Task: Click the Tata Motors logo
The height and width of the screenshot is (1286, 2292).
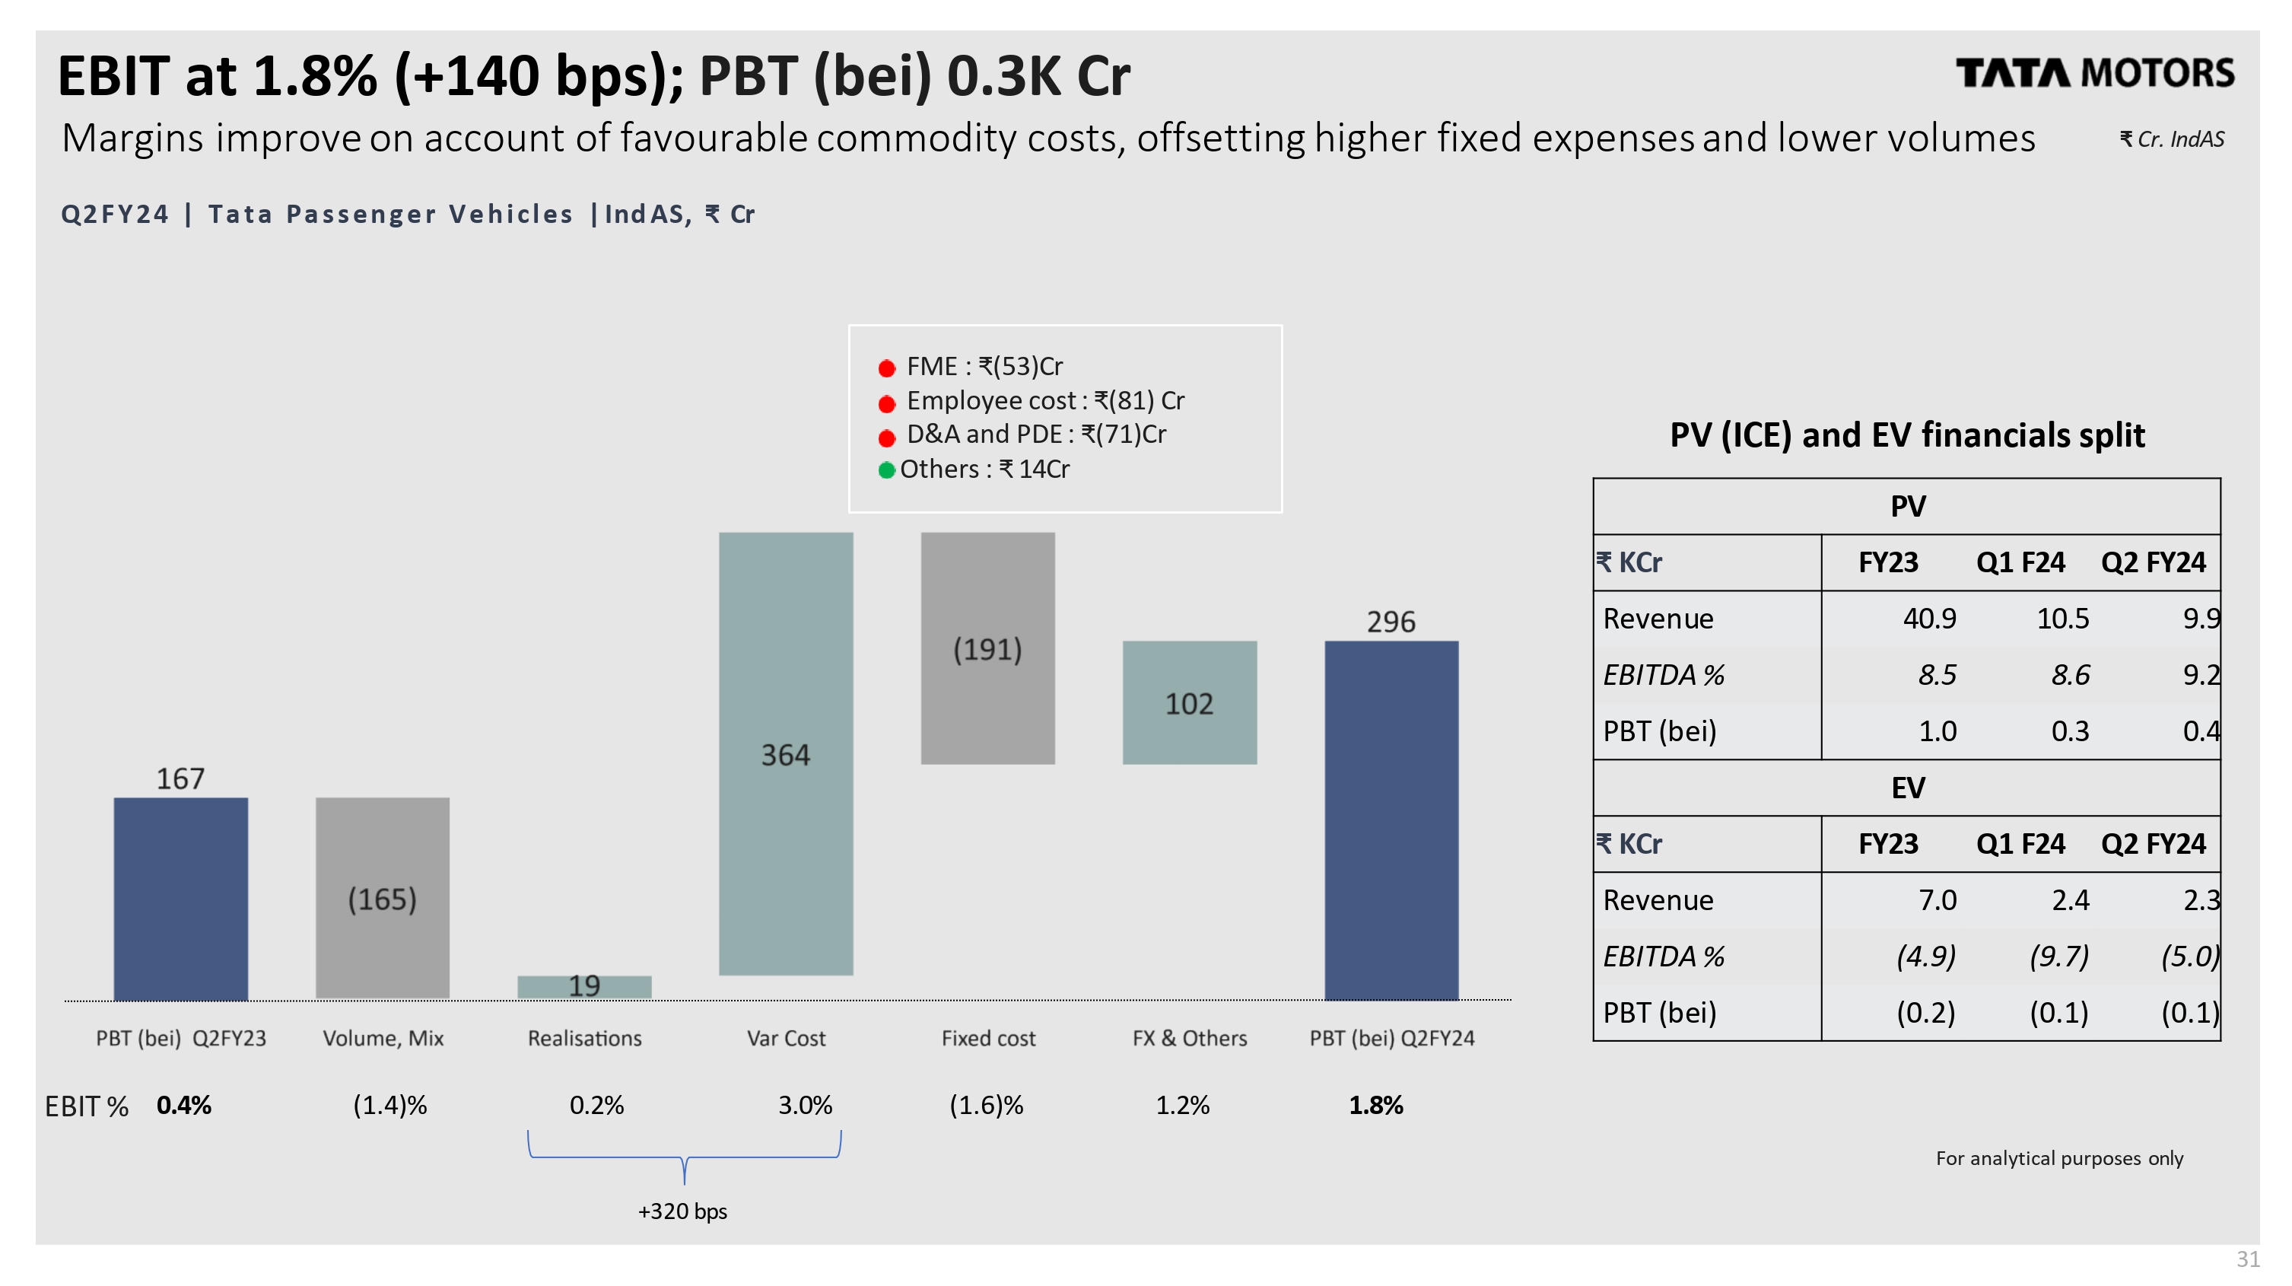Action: tap(2093, 73)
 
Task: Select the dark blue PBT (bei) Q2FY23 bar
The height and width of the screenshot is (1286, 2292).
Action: tap(180, 898)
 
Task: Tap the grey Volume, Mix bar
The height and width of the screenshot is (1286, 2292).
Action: tap(383, 898)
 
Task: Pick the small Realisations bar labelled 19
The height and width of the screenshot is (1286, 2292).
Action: tap(584, 986)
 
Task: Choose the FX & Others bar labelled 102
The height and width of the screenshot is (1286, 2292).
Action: tap(1190, 702)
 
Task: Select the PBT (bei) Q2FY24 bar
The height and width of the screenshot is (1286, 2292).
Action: tap(1391, 820)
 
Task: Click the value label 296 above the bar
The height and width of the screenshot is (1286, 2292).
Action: tap(1391, 621)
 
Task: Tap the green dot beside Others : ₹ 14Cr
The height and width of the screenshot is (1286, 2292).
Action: tap(886, 470)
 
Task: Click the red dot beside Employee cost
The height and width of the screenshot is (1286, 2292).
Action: tap(886, 403)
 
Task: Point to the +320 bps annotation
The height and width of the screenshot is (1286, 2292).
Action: tap(682, 1211)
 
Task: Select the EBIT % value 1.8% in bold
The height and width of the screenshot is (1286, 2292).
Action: tap(1375, 1106)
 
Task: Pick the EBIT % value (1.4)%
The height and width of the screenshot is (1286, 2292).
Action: tap(389, 1106)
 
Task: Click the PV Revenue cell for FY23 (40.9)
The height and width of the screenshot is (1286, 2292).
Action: tap(1929, 619)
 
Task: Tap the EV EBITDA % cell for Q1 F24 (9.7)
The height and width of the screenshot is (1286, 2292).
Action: tap(2059, 957)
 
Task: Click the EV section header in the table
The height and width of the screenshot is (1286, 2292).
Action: tap(1908, 788)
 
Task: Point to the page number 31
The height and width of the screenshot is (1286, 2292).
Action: tap(2249, 1259)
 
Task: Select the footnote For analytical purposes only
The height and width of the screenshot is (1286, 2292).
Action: tap(2059, 1158)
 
